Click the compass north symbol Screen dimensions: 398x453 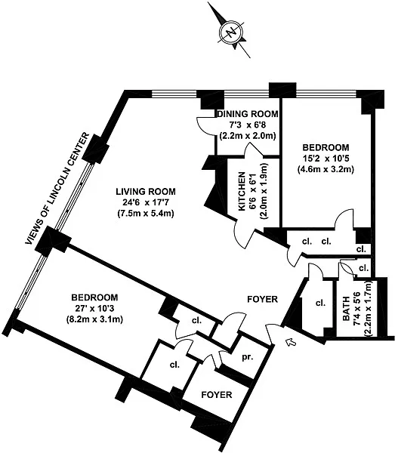pyautogui.click(x=231, y=32)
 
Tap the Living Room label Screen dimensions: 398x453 pyautogui.click(x=146, y=192)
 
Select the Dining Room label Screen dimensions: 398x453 pyautogui.click(x=248, y=114)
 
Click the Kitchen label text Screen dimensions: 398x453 pyautogui.click(x=242, y=191)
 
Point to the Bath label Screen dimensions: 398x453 pyautogui.click(x=346, y=309)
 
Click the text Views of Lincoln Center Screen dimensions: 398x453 pyautogui.click(x=57, y=189)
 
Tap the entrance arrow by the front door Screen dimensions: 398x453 pyautogui.click(x=291, y=342)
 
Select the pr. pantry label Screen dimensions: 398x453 pyautogui.click(x=248, y=357)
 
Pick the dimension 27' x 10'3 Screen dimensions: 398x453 pyautogui.click(x=95, y=309)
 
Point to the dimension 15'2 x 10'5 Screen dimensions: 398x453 pyautogui.click(x=325, y=159)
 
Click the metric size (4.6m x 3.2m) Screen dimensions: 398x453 pyautogui.click(x=325, y=169)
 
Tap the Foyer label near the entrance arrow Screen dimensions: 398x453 pyautogui.click(x=263, y=299)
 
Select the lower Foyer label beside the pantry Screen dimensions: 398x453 pyautogui.click(x=217, y=395)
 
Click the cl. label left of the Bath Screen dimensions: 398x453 pyautogui.click(x=320, y=304)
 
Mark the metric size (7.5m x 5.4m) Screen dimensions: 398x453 pyautogui.click(x=146, y=214)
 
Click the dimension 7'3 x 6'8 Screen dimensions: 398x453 pyautogui.click(x=248, y=125)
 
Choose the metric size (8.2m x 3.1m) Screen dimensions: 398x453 pyautogui.click(x=95, y=320)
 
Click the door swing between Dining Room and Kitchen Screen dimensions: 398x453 pyautogui.click(x=254, y=149)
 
